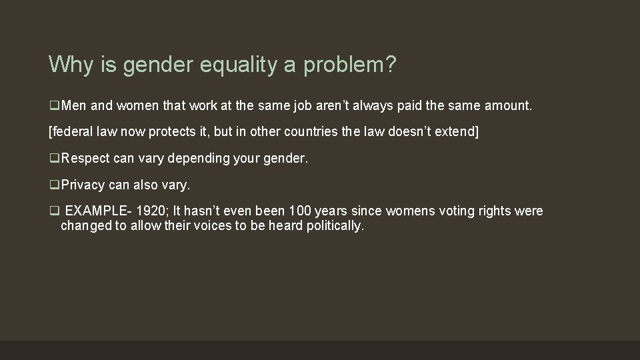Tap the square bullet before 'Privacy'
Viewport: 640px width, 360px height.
[53, 185]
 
